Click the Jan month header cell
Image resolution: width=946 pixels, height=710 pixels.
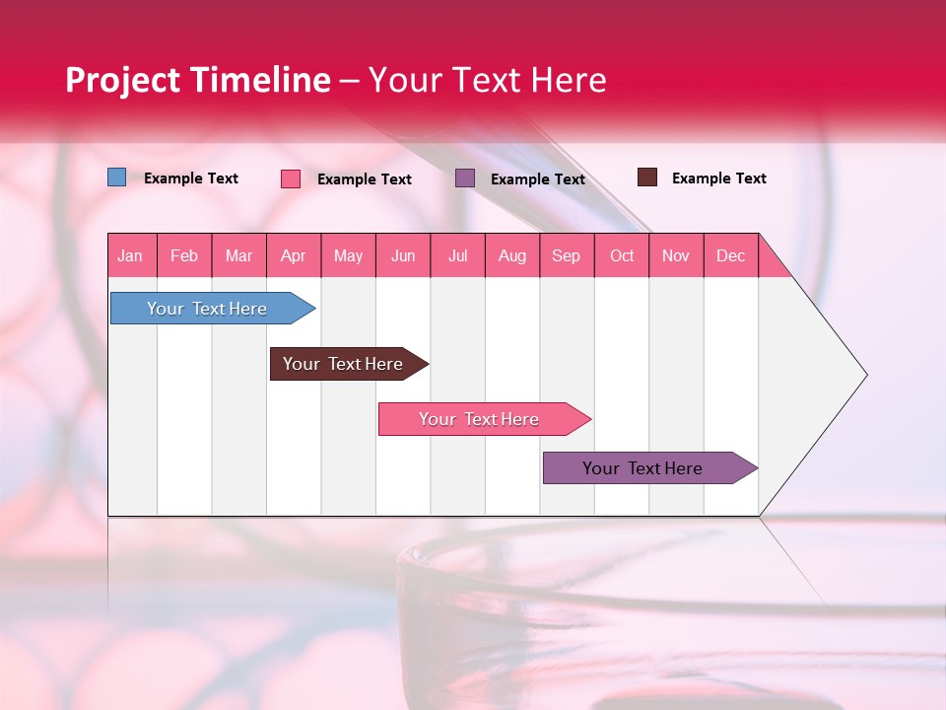pyautogui.click(x=131, y=255)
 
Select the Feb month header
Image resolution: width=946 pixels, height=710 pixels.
pyautogui.click(x=184, y=255)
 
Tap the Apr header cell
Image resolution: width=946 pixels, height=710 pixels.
pyautogui.click(x=294, y=255)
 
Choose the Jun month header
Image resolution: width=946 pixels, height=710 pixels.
pyautogui.click(x=403, y=255)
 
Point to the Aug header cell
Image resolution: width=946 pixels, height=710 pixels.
pyautogui.click(x=512, y=255)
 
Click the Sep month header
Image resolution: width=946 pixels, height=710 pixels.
pyautogui.click(x=567, y=255)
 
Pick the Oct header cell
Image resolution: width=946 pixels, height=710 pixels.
pyautogui.click(x=622, y=255)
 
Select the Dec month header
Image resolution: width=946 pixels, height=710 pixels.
pyautogui.click(x=731, y=255)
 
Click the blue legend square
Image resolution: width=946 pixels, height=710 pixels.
pyautogui.click(x=117, y=177)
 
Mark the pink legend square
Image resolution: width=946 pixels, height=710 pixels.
pyautogui.click(x=291, y=178)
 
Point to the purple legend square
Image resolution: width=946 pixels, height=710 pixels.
pyautogui.click(x=465, y=177)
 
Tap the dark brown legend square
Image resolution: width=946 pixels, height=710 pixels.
pyautogui.click(x=647, y=177)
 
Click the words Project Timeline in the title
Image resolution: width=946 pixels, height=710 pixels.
pyautogui.click(x=198, y=80)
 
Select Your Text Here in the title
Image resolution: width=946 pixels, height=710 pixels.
pyautogui.click(x=488, y=80)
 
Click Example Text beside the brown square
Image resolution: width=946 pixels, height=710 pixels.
pyautogui.click(x=718, y=178)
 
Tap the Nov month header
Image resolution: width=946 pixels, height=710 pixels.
pyautogui.click(x=676, y=255)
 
